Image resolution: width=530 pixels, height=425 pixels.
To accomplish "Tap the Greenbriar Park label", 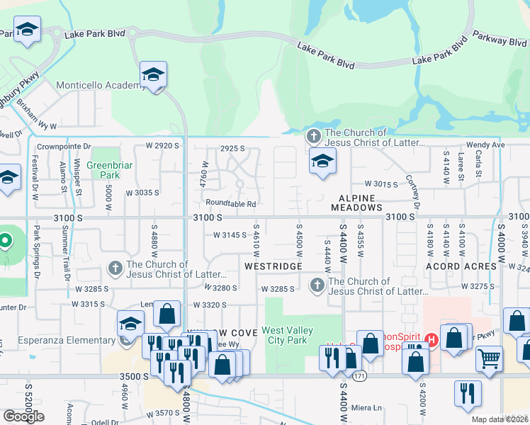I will [103, 170].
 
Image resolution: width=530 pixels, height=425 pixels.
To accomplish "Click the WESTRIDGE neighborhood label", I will [273, 266].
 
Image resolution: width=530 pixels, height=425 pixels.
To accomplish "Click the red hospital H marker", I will [433, 340].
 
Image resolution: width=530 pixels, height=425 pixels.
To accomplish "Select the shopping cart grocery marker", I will [489, 359].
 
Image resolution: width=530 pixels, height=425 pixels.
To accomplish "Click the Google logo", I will [24, 416].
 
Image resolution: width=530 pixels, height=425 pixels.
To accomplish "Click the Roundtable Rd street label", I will [231, 204].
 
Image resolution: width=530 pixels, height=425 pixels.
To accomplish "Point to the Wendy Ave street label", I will [485, 144].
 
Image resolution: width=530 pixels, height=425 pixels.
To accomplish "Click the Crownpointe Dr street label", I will [65, 147].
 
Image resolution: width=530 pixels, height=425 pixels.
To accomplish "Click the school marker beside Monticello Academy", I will [153, 75].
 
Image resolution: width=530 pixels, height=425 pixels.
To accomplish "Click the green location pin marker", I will [6, 242].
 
